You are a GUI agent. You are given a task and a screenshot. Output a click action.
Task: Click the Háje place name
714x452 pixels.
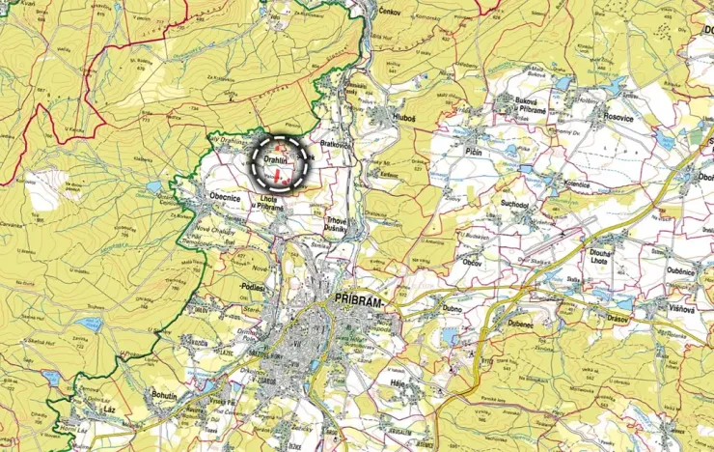click(396, 382)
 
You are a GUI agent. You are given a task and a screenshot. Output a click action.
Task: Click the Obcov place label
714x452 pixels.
click(472, 262)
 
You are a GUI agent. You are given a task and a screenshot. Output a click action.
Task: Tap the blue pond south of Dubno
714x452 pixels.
click(451, 336)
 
